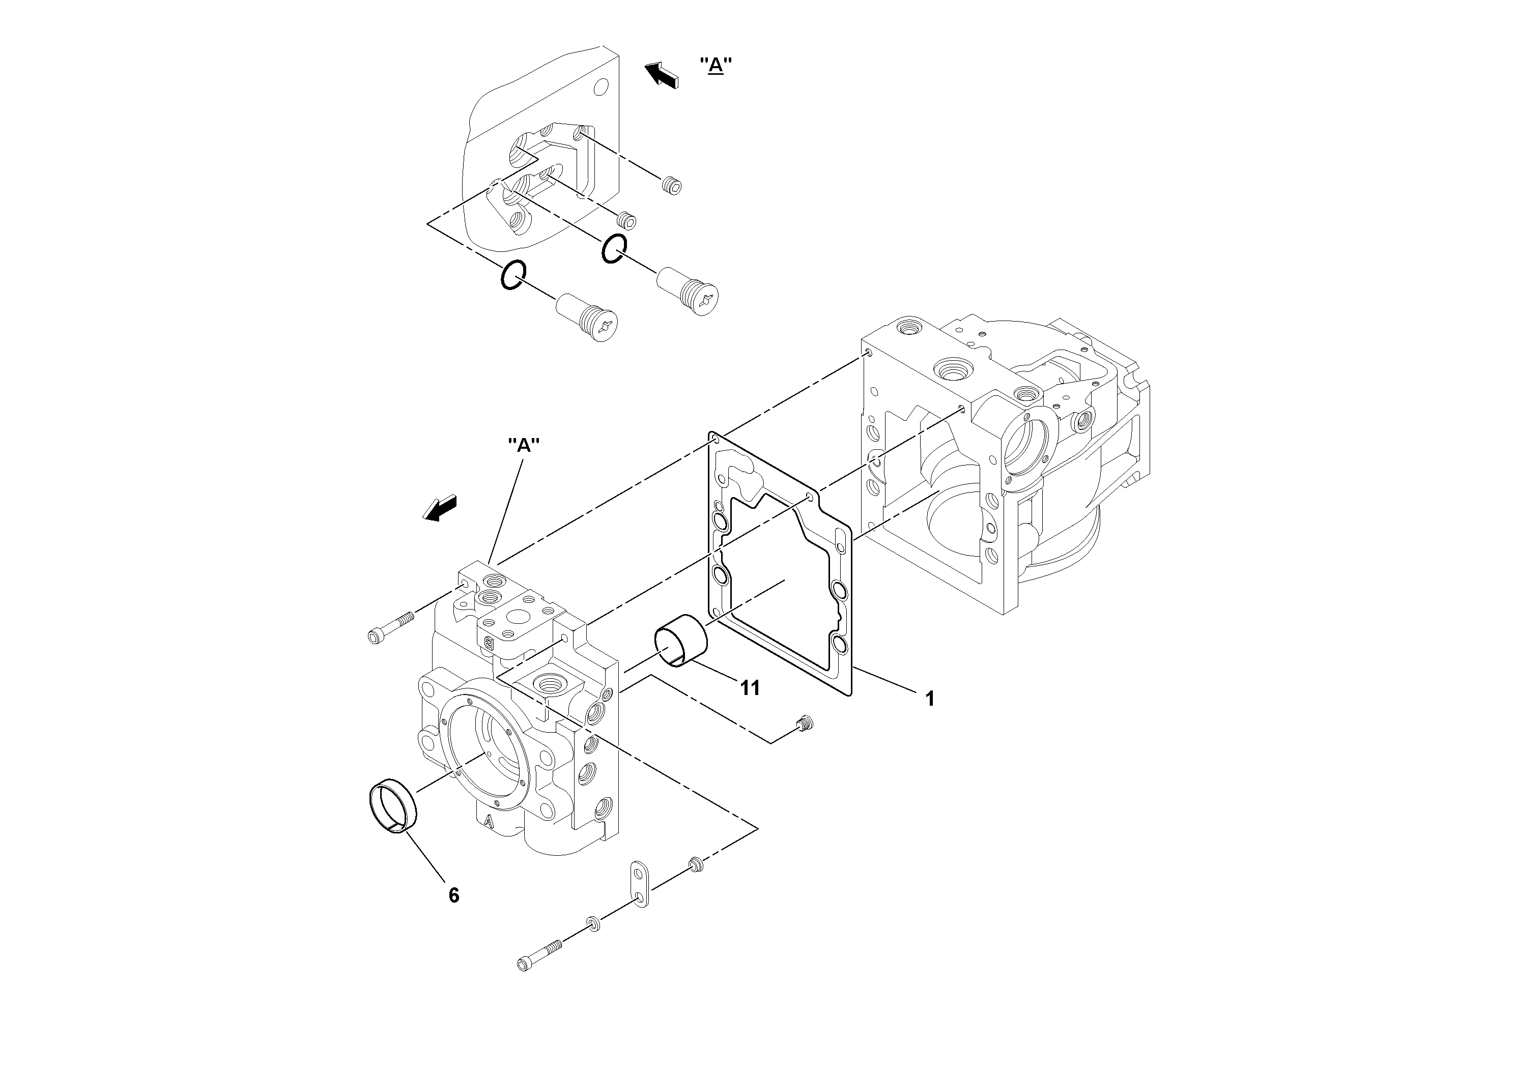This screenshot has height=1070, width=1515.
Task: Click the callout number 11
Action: pos(750,688)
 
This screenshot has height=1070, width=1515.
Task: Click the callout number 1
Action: pos(930,699)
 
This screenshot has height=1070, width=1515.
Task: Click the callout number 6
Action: pos(453,895)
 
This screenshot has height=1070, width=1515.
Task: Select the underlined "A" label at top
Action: pos(716,65)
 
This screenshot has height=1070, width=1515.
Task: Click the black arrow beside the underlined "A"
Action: pos(661,75)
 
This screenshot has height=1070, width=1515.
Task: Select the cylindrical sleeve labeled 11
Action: pos(680,641)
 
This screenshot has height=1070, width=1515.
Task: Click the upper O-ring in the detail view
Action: pos(614,248)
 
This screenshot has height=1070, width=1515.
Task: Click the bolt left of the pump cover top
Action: pos(389,627)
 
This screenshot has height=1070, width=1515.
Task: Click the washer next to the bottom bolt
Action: pos(592,924)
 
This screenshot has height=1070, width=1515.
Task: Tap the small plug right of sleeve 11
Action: pos(805,723)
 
